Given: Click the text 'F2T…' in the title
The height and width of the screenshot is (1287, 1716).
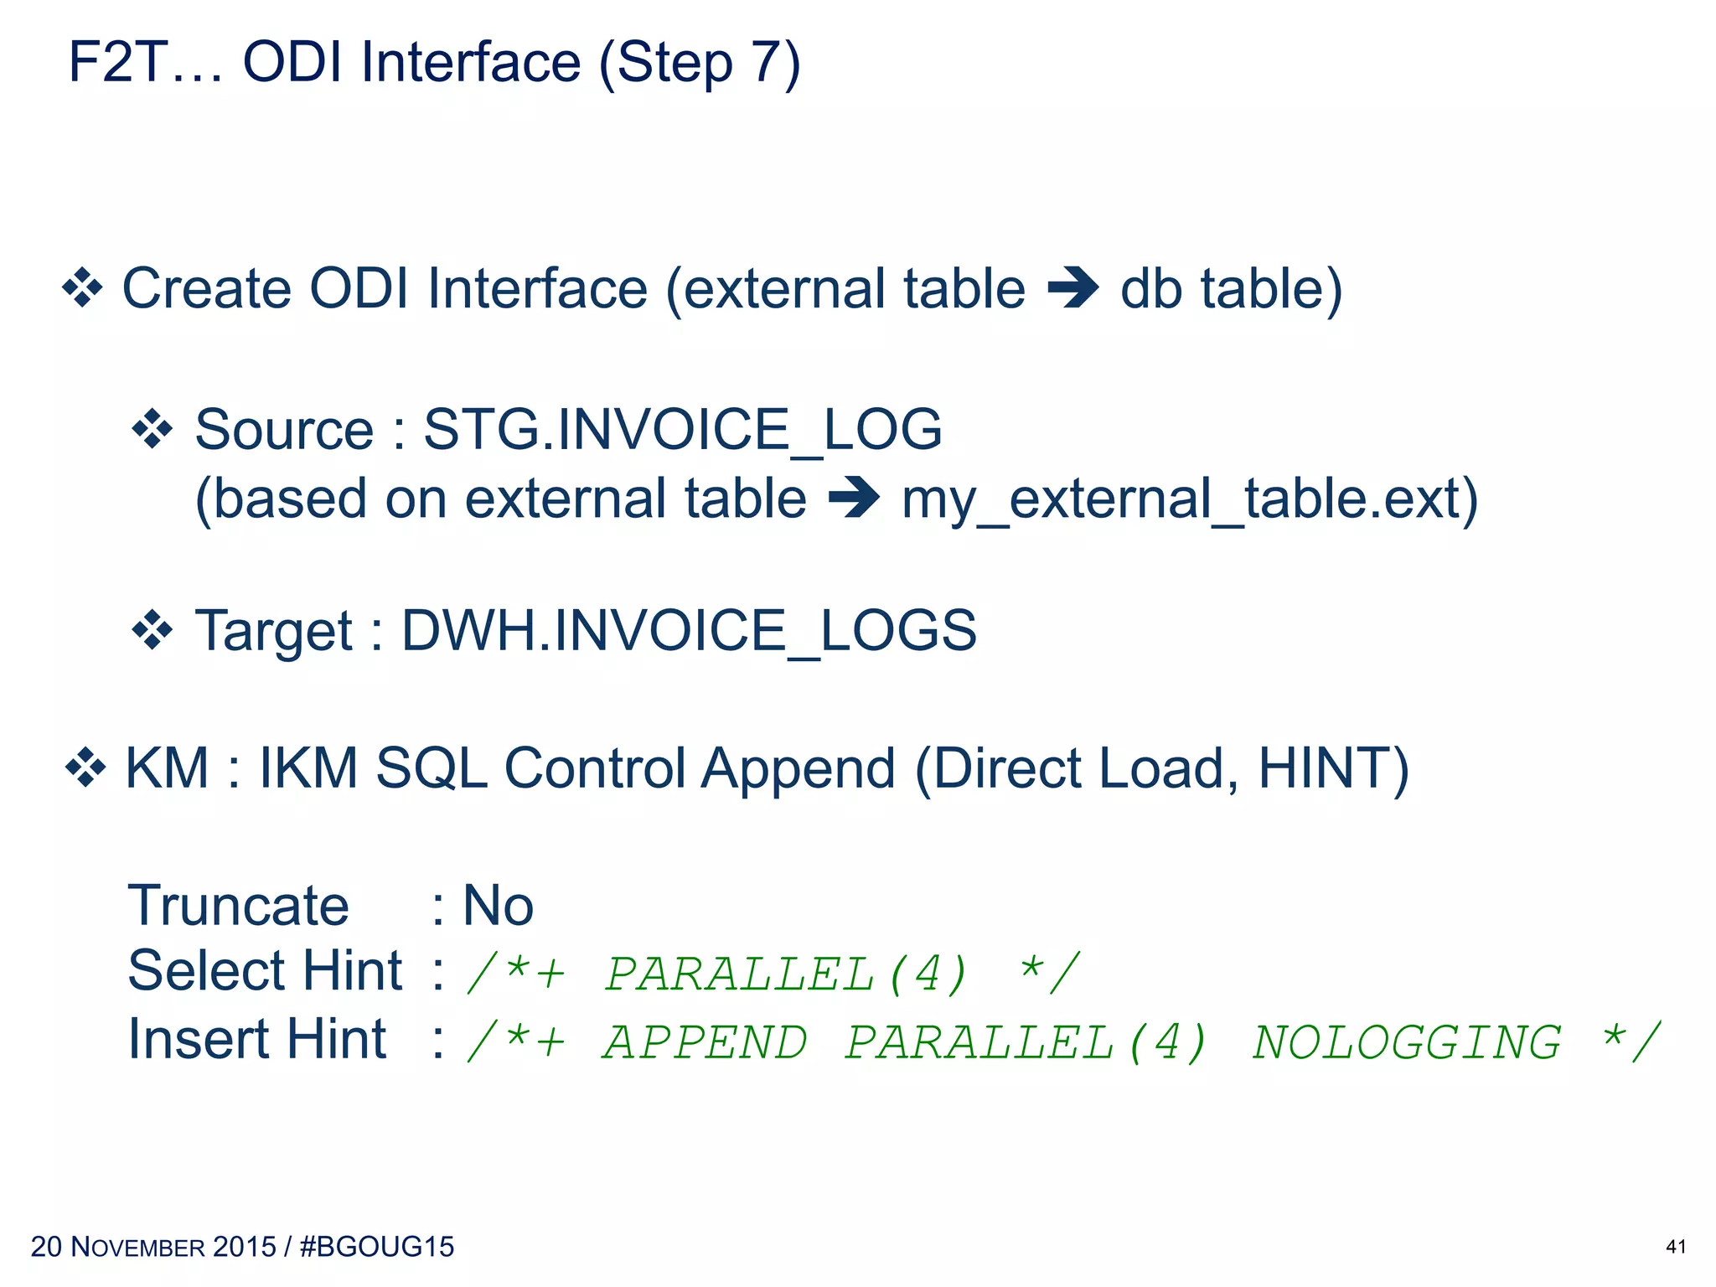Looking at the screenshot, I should (x=146, y=63).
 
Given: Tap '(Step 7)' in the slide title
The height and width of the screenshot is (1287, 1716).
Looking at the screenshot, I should (x=700, y=63).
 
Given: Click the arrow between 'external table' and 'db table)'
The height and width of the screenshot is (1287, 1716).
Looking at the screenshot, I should (x=1073, y=288).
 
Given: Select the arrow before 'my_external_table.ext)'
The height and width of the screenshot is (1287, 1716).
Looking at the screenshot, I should (x=854, y=499).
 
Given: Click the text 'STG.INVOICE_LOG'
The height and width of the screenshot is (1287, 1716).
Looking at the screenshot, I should (x=683, y=429).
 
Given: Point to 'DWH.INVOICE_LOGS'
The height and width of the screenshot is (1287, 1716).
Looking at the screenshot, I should (x=689, y=630).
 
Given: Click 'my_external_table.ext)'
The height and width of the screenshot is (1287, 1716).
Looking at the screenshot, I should (x=1190, y=499).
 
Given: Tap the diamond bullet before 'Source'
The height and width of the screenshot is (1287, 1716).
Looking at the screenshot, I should (x=152, y=429).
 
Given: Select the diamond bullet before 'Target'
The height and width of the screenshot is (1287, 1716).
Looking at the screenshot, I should (x=152, y=630).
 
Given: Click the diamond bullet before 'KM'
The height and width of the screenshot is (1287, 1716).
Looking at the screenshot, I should (x=85, y=768).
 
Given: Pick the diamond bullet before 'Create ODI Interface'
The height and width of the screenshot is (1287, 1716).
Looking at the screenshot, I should (x=83, y=288).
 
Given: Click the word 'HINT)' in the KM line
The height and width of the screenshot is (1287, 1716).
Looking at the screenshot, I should (x=1333, y=768).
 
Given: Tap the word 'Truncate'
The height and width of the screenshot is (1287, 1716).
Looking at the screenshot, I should (x=238, y=906).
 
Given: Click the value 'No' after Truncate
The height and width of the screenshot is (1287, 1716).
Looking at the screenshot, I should (x=498, y=906).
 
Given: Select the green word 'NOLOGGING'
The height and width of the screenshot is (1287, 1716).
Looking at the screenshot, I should (x=1406, y=1043).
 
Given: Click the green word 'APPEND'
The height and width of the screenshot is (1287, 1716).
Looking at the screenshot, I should (x=705, y=1043).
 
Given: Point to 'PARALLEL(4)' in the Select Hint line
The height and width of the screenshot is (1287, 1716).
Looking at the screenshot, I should (x=786, y=974).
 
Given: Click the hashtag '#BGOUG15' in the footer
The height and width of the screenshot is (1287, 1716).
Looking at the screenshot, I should (x=376, y=1247).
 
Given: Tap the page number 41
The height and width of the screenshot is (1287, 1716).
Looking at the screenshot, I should (x=1676, y=1247).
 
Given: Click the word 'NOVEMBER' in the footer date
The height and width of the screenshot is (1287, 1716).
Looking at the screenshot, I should (x=138, y=1247).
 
